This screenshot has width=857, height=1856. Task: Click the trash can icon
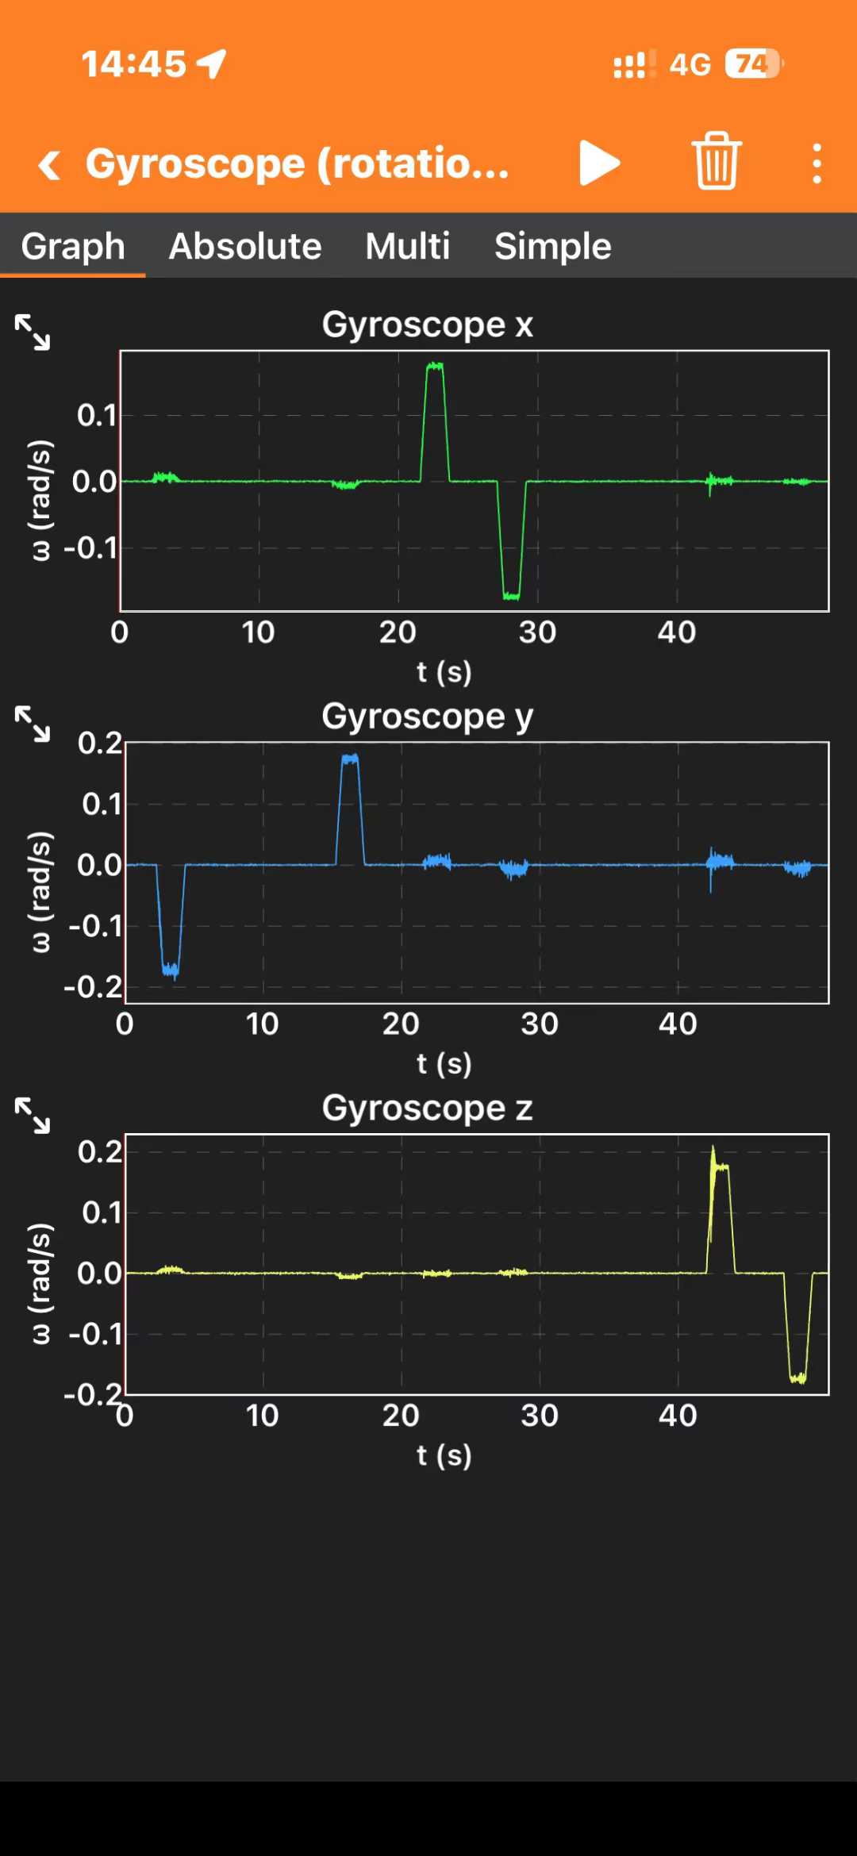[x=717, y=161]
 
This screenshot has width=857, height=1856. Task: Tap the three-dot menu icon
[x=817, y=163]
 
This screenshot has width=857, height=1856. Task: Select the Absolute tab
[x=245, y=246]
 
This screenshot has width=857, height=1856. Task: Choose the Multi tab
[x=407, y=246]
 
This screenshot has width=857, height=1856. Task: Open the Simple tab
[x=552, y=246]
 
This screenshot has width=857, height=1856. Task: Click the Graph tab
[x=73, y=246]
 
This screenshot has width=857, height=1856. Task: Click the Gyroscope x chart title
[x=428, y=325]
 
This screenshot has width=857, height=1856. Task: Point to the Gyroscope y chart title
[x=428, y=717]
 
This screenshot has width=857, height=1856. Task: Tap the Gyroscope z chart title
[x=428, y=1108]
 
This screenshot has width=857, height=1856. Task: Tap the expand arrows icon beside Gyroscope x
[x=33, y=332]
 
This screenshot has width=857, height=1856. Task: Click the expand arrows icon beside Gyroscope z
[x=33, y=1115]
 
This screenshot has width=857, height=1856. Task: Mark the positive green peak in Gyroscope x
[x=435, y=367]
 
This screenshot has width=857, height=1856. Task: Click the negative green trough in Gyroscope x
[x=511, y=595]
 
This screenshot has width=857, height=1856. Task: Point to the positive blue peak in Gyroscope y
[x=350, y=759]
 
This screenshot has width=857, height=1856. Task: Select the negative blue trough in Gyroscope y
[x=171, y=969]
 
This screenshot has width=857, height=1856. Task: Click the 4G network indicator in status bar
[x=690, y=64]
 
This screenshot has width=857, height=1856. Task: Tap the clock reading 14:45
[x=133, y=64]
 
